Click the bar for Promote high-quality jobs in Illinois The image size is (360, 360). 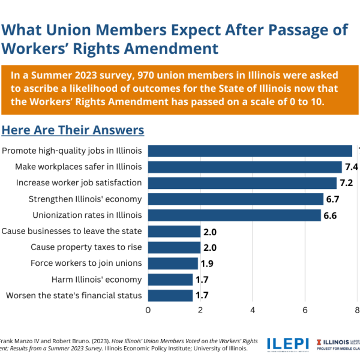[250, 151]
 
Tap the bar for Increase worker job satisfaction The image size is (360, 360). [242, 183]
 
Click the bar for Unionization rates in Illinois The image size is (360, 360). [234, 215]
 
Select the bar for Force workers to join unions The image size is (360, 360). [173, 263]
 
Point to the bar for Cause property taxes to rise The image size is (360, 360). [174, 247]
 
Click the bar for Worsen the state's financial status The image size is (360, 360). [170, 295]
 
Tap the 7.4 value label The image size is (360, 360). [352, 167]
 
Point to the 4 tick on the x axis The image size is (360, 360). [253, 310]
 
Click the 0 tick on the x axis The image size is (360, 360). [148, 310]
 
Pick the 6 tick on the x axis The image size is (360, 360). [305, 310]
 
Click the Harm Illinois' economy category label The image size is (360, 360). [102, 280]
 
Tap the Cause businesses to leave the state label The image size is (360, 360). [71, 231]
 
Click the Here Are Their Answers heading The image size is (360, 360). [73, 130]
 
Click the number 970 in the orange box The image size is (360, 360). [149, 76]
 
